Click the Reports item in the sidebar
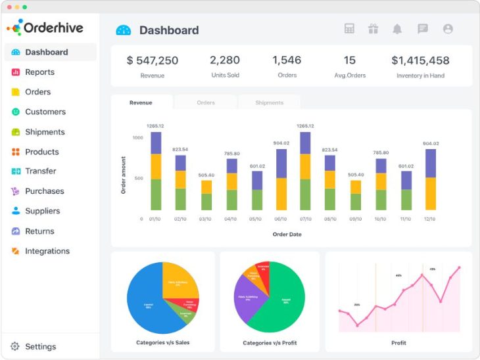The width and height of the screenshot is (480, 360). click(39, 72)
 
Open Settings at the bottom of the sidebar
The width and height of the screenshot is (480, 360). click(40, 346)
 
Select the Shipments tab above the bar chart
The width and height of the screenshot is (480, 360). click(269, 103)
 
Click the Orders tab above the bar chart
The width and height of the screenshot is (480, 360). click(206, 103)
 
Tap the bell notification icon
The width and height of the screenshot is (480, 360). click(397, 29)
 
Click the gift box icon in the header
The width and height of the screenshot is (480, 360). click(373, 29)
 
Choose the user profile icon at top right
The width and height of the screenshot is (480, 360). click(448, 29)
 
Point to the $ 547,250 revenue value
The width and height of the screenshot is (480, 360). click(153, 60)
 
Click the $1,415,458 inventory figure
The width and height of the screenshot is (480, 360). click(420, 60)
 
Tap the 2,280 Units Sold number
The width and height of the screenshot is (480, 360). click(225, 60)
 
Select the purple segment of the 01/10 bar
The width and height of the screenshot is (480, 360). click(156, 143)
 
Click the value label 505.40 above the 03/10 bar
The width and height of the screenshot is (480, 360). click(206, 175)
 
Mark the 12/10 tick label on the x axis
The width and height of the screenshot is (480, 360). click(430, 219)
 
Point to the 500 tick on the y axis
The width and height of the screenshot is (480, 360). click(137, 178)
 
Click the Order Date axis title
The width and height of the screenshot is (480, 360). click(287, 234)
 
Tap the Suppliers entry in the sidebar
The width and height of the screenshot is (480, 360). click(42, 211)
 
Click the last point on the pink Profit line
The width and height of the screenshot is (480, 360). click(459, 267)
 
